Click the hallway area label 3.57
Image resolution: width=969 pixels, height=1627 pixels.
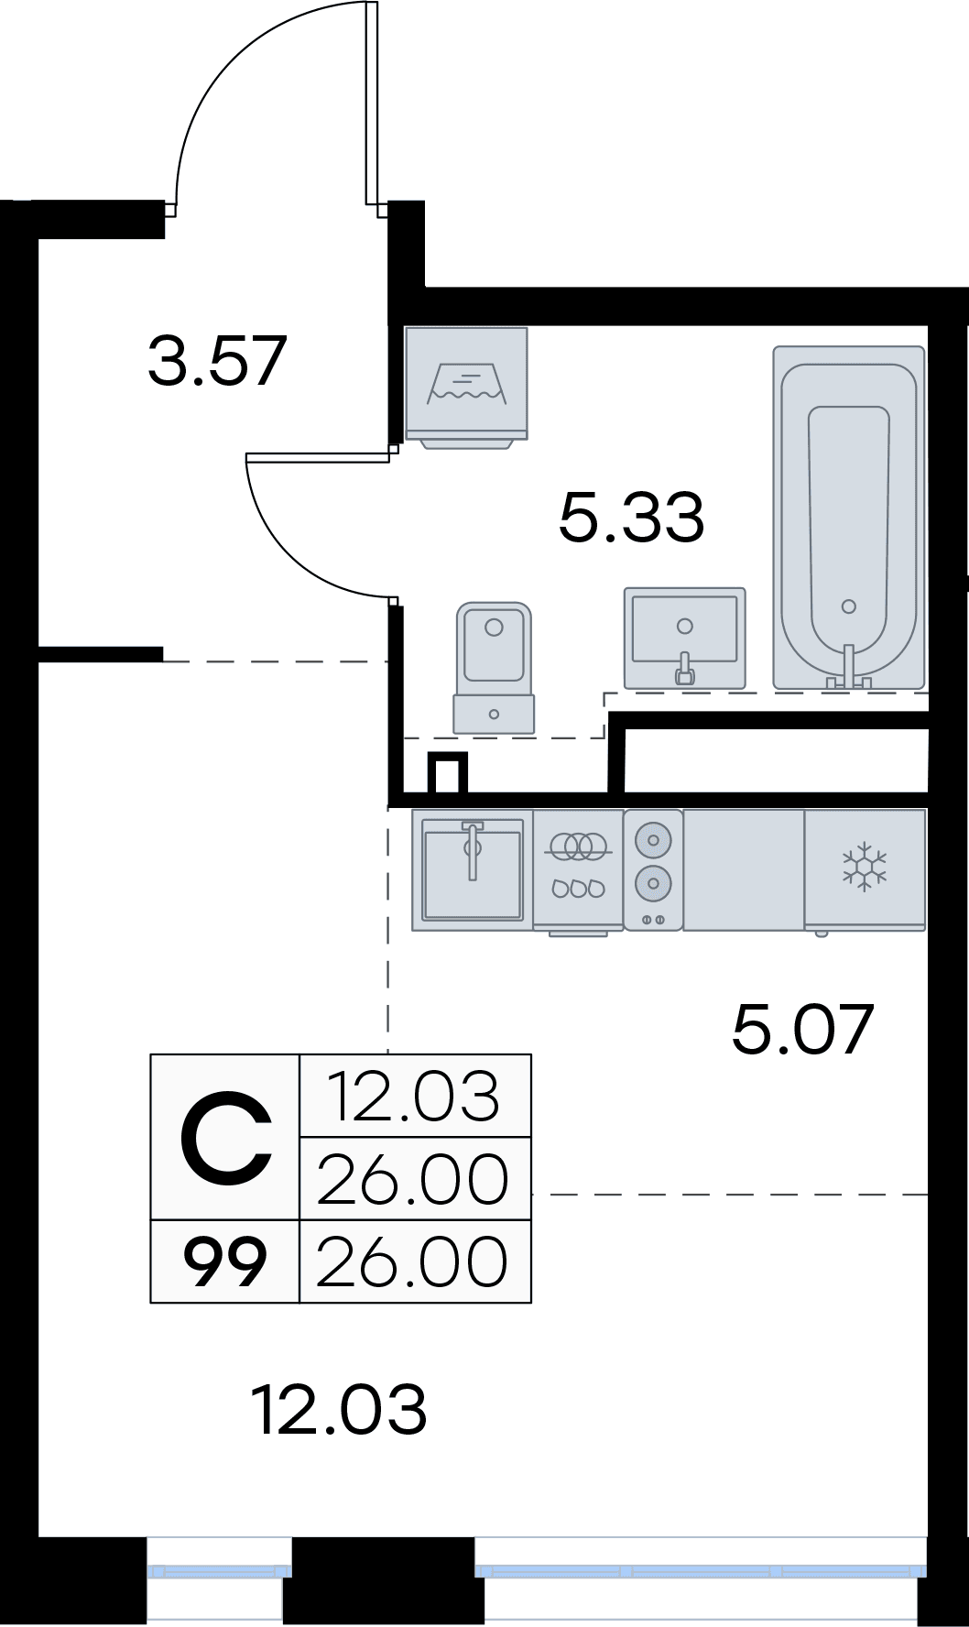click(218, 361)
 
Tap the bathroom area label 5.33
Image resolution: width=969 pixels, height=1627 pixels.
click(631, 517)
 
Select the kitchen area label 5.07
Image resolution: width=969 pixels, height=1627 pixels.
click(802, 1029)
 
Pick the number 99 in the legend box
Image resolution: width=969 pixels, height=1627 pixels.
click(225, 1261)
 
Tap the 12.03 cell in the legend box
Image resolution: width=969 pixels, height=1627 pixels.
click(415, 1097)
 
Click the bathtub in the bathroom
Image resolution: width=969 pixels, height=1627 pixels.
click(848, 518)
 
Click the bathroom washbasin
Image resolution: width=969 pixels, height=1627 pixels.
click(684, 637)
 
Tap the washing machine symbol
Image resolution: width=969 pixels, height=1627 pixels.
click(466, 386)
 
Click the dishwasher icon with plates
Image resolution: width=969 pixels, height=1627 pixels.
click(578, 868)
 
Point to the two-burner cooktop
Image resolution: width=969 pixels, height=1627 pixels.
click(653, 868)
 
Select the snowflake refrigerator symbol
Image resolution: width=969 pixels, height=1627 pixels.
click(865, 867)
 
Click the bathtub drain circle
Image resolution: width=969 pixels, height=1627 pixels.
click(848, 606)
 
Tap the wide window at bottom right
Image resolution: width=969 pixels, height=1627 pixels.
click(701, 1570)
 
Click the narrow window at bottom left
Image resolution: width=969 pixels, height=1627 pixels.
click(219, 1570)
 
